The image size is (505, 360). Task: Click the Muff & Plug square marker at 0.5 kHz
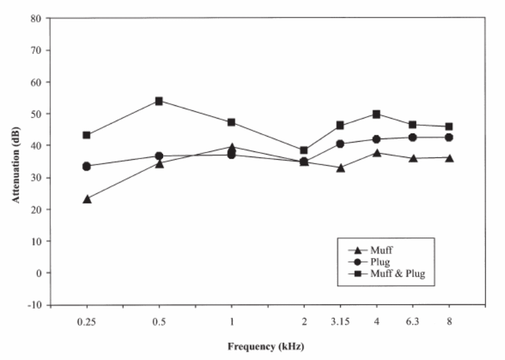[159, 101]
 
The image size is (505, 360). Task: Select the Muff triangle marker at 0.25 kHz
[87, 199]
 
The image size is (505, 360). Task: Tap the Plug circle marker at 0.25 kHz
[87, 166]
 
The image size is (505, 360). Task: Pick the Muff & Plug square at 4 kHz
[377, 114]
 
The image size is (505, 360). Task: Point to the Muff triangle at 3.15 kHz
[341, 168]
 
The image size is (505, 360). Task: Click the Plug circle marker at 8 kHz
[449, 137]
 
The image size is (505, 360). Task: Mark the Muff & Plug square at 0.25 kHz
[87, 135]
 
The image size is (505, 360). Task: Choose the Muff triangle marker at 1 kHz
[232, 147]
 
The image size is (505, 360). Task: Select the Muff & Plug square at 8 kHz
[449, 126]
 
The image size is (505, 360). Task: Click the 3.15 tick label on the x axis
[341, 321]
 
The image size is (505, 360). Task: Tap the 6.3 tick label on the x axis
[413, 321]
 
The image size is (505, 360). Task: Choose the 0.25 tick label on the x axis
[87, 321]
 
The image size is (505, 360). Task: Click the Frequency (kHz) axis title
[265, 347]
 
